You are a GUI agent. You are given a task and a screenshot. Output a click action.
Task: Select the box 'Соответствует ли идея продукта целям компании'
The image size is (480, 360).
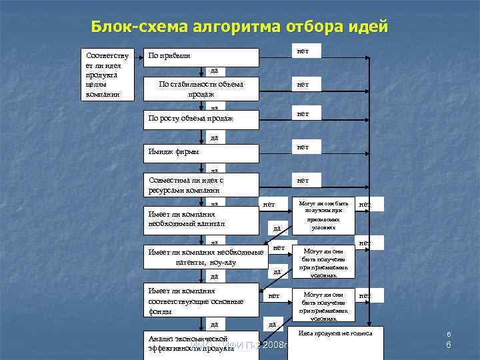click(107, 73)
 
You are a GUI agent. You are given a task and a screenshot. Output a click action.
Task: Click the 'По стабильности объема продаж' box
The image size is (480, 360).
click(201, 89)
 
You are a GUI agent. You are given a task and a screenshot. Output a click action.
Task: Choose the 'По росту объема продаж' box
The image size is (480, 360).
click(201, 119)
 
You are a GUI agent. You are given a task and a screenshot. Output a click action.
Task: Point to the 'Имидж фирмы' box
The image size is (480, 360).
click(201, 152)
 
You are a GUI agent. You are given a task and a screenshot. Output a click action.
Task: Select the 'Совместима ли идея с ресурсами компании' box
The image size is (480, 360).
click(201, 185)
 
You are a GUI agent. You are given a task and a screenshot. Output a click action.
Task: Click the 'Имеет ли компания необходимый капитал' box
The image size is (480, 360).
click(201, 219)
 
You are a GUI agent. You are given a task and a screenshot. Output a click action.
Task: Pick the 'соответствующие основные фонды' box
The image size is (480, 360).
click(201, 301)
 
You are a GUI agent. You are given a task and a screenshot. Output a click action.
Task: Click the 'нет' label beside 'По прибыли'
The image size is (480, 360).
click(303, 51)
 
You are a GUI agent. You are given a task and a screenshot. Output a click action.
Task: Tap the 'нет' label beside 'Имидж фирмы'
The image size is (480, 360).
click(303, 147)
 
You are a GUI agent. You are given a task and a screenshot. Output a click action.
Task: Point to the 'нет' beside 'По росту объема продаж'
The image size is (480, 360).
click(303, 114)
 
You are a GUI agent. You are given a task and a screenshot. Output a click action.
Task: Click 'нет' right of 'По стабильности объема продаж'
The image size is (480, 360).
click(303, 85)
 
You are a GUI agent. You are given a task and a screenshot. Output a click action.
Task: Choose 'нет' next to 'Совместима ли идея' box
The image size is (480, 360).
click(303, 180)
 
